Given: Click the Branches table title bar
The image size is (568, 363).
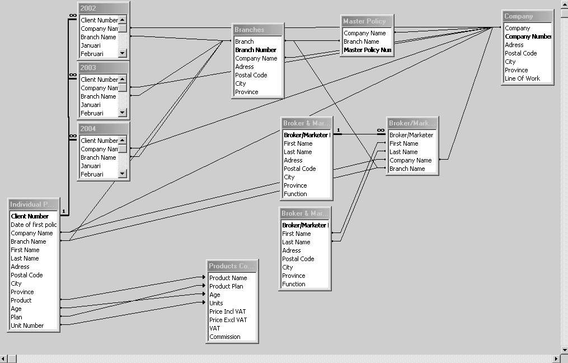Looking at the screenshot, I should coord(257,30).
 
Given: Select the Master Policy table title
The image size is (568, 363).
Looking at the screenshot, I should coord(367,21).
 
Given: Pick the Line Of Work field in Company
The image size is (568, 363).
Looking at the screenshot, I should coord(522,78).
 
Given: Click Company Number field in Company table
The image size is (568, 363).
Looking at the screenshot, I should coord(528,36).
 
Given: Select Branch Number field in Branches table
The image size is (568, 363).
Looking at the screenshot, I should coord(256,50).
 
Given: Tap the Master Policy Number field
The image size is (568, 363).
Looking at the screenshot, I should coord(367,50).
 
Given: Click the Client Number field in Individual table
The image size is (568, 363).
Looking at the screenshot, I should coord(30,216).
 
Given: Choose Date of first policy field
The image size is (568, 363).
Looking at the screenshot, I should coord(34,225).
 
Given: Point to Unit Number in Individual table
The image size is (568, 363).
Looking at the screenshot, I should coord(27,325).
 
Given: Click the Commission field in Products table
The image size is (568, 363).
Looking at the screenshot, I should coord(225,337).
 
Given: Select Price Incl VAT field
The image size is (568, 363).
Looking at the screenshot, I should coord(228,311).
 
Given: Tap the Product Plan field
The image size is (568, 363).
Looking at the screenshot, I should coord(226,286).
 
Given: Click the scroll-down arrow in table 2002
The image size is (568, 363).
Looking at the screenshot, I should coord(123,53).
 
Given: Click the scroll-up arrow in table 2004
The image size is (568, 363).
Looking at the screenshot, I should coord(123,140).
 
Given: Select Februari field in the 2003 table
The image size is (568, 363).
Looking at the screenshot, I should coord(92,113).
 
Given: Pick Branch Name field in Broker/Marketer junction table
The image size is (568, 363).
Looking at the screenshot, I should coord(407,169).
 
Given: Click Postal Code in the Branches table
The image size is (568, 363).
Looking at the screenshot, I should coord(251,75).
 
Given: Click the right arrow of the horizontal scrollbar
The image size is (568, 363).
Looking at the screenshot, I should coord(556,359).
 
